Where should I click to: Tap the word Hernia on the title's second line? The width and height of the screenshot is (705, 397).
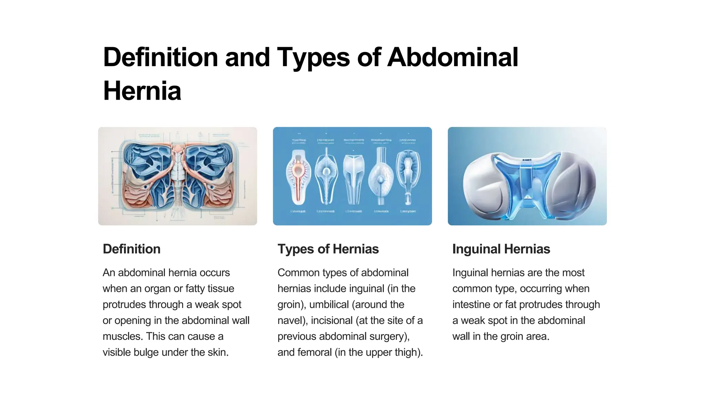pyautogui.click(x=142, y=91)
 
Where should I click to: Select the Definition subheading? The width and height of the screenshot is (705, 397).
pyautogui.click(x=131, y=249)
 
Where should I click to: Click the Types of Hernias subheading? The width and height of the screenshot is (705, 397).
pyautogui.click(x=328, y=249)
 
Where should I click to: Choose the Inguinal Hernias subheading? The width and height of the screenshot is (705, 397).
pyautogui.click(x=501, y=249)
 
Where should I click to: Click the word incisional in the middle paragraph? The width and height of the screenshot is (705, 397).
pyautogui.click(x=333, y=320)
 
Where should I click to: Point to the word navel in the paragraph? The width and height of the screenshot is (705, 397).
pyautogui.click(x=291, y=320)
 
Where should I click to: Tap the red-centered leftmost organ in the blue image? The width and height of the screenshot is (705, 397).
pyautogui.click(x=298, y=177)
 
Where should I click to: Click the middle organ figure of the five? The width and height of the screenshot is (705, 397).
pyautogui.click(x=353, y=177)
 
